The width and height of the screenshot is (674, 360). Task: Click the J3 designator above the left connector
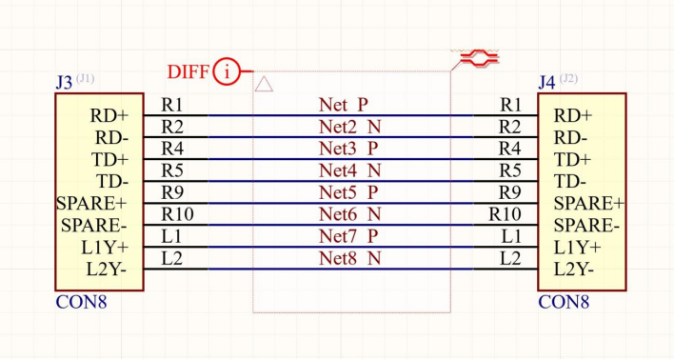click(64, 82)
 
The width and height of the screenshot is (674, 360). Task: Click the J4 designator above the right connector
click(546, 82)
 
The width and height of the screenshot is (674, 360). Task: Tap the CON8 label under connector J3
click(81, 302)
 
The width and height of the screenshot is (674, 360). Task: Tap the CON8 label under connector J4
click(564, 302)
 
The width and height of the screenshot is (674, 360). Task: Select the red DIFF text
click(188, 71)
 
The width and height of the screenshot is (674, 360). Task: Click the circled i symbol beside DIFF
click(227, 71)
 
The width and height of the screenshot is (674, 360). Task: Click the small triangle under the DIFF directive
click(264, 85)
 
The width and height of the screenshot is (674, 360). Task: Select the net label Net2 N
click(350, 127)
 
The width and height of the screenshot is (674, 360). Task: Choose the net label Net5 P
click(348, 192)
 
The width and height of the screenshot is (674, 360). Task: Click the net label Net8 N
click(350, 258)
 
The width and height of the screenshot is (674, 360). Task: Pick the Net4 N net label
click(350, 170)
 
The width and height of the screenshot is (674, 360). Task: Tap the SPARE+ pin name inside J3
click(91, 204)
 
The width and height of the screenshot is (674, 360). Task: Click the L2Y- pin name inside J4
click(574, 270)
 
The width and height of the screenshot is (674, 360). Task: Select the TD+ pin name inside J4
click(572, 160)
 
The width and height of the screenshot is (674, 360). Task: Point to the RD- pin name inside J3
click(111, 138)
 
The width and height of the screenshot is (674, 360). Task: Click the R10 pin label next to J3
click(177, 213)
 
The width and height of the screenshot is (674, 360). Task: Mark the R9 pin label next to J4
click(510, 192)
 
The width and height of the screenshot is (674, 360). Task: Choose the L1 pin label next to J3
click(171, 236)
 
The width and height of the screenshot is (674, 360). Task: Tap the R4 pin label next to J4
click(510, 149)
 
